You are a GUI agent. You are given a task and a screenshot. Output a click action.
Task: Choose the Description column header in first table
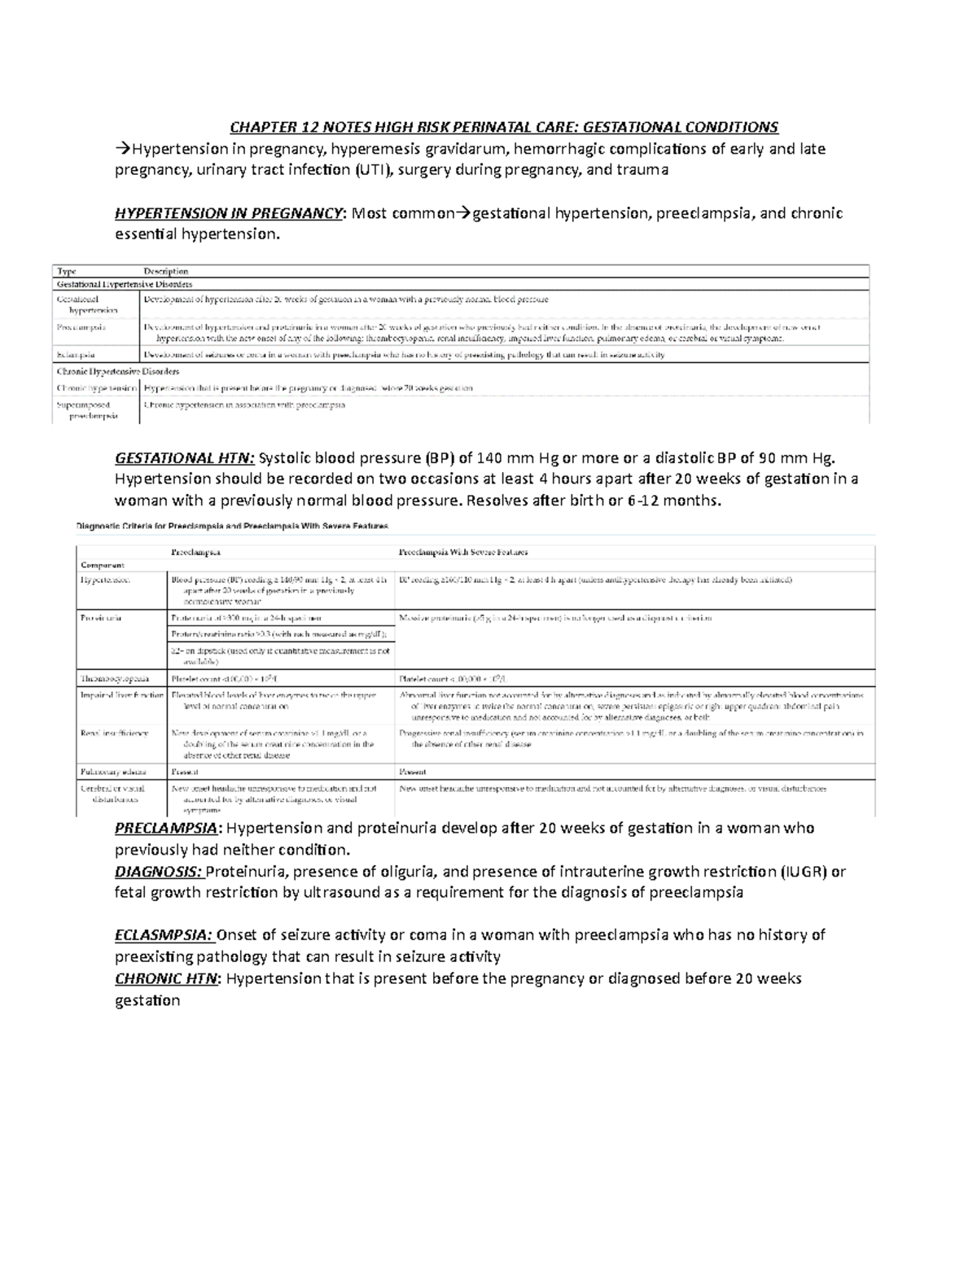click(x=166, y=271)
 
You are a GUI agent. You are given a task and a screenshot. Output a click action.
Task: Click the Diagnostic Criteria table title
click(x=232, y=526)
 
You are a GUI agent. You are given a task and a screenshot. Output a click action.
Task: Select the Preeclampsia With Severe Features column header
click(x=463, y=552)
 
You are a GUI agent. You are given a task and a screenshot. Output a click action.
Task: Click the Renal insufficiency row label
click(x=114, y=733)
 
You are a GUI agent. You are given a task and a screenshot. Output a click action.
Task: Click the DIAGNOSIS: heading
click(x=159, y=872)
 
